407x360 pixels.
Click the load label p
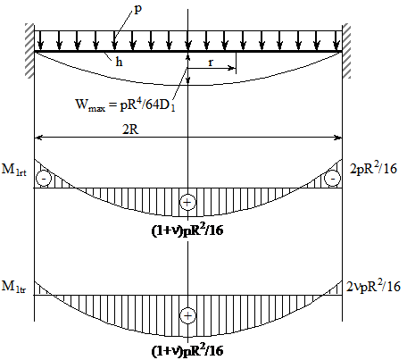(x=138, y=10)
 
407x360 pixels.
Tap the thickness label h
(x=119, y=62)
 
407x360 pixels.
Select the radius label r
(x=211, y=63)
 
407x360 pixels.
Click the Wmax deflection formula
(x=125, y=105)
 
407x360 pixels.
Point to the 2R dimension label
(x=130, y=130)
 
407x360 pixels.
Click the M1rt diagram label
(x=14, y=170)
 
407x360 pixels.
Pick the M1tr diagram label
(x=14, y=287)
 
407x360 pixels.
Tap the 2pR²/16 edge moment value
(x=373, y=168)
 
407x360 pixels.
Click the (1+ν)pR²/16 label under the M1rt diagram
(x=187, y=230)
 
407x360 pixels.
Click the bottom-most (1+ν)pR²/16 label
(x=187, y=350)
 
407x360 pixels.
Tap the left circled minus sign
(x=44, y=179)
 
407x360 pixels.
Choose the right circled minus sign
(x=333, y=179)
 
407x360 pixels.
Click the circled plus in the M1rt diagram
(x=187, y=203)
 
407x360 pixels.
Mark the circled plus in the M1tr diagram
(x=187, y=315)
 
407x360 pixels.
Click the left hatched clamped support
(x=29, y=51)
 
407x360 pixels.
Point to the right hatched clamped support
(x=346, y=51)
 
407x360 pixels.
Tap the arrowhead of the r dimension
(x=232, y=68)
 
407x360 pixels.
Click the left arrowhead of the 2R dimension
(x=38, y=138)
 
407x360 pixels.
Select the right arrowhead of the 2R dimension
(x=338, y=138)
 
